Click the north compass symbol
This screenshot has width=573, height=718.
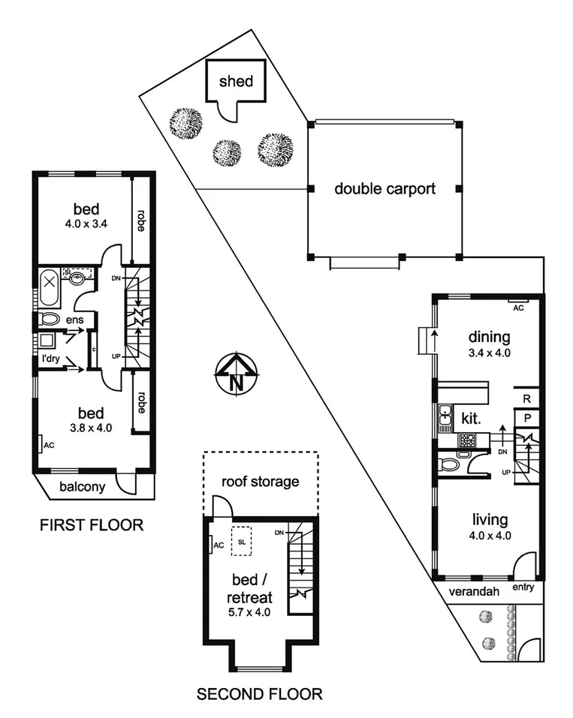coord(236,374)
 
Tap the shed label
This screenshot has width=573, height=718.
coord(236,81)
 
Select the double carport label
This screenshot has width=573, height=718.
coord(385,188)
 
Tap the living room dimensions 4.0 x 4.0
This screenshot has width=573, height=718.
coord(490,536)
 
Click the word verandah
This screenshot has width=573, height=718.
coord(474,590)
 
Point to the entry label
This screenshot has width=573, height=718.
coord(523,587)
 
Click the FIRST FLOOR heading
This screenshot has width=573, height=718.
coord(91,524)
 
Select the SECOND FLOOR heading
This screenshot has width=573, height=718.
coord(259,694)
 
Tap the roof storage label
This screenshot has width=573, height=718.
coord(260,482)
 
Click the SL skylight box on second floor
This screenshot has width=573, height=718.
coord(242,540)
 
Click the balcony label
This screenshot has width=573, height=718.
coord(80,487)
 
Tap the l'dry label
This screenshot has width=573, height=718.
coord(50,359)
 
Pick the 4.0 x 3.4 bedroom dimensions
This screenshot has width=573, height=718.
coord(86,222)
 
